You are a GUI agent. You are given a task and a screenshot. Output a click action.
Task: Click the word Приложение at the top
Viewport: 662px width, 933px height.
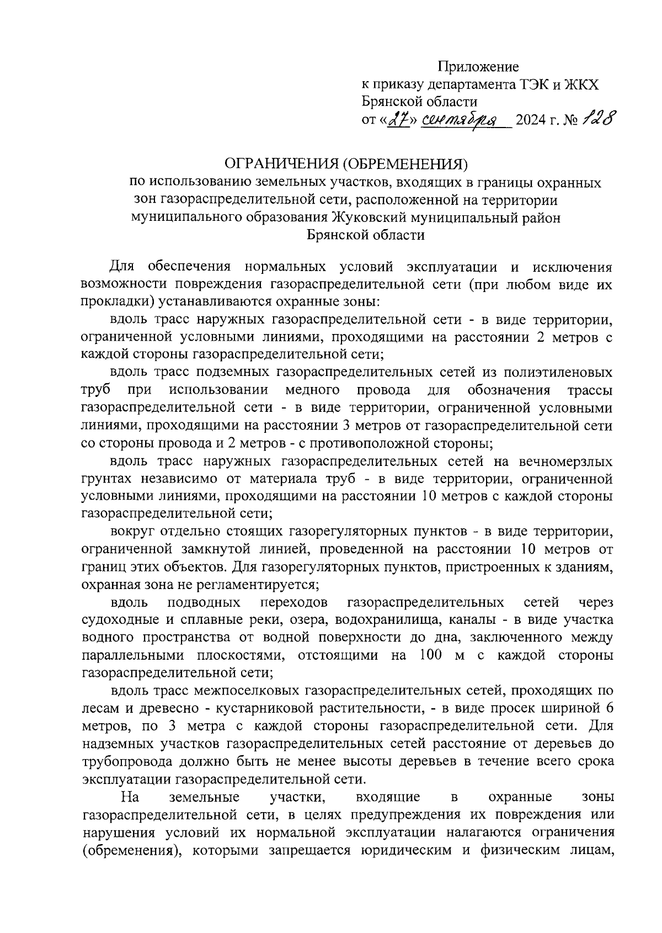tap(478, 67)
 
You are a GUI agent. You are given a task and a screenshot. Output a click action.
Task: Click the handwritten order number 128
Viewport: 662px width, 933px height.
tap(597, 118)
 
